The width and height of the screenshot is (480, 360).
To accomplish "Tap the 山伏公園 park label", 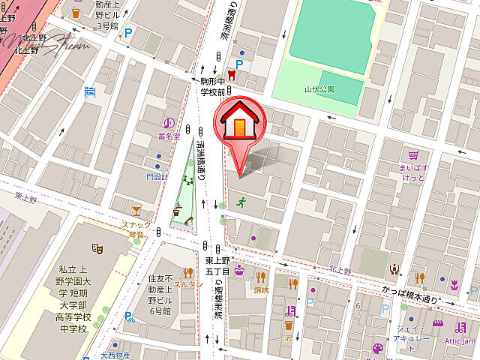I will pyautogui.click(x=319, y=88).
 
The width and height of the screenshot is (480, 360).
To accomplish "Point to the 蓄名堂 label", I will pyautogui.click(x=169, y=136).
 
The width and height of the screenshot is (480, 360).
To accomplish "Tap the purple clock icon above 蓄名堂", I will pyautogui.click(x=169, y=123).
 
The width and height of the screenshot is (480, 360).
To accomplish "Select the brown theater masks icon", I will pyautogui.click(x=97, y=247).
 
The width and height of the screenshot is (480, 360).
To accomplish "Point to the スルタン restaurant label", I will pyautogui.click(x=188, y=285).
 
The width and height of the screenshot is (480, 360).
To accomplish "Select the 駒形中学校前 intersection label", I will pyautogui.click(x=214, y=85).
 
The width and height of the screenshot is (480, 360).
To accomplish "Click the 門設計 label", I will pyautogui.click(x=157, y=176).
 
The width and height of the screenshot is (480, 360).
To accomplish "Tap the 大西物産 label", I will pyautogui.click(x=116, y=355).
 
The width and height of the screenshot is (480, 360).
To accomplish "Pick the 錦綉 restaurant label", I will pyautogui.click(x=261, y=289).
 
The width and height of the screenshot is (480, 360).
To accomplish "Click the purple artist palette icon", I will pyautogui.click(x=377, y=348).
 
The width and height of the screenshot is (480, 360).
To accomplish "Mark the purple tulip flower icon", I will pyautogui.click(x=454, y=283).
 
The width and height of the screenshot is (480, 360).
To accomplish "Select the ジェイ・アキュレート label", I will pyautogui.click(x=412, y=334).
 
